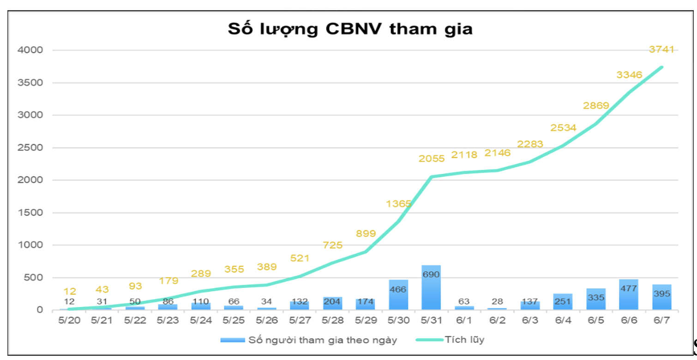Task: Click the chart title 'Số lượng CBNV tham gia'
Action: [350, 29]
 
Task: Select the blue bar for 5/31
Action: [431, 288]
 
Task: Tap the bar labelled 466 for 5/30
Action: [398, 295]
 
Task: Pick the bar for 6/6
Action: [629, 295]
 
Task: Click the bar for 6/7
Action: [661, 298]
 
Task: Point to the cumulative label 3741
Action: [661, 49]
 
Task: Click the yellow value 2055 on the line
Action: [432, 158]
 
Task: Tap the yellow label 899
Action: [366, 234]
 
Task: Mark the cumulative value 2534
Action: [563, 127]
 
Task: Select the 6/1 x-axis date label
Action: [464, 320]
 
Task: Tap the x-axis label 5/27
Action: [300, 320]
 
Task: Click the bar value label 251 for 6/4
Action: [563, 302]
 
